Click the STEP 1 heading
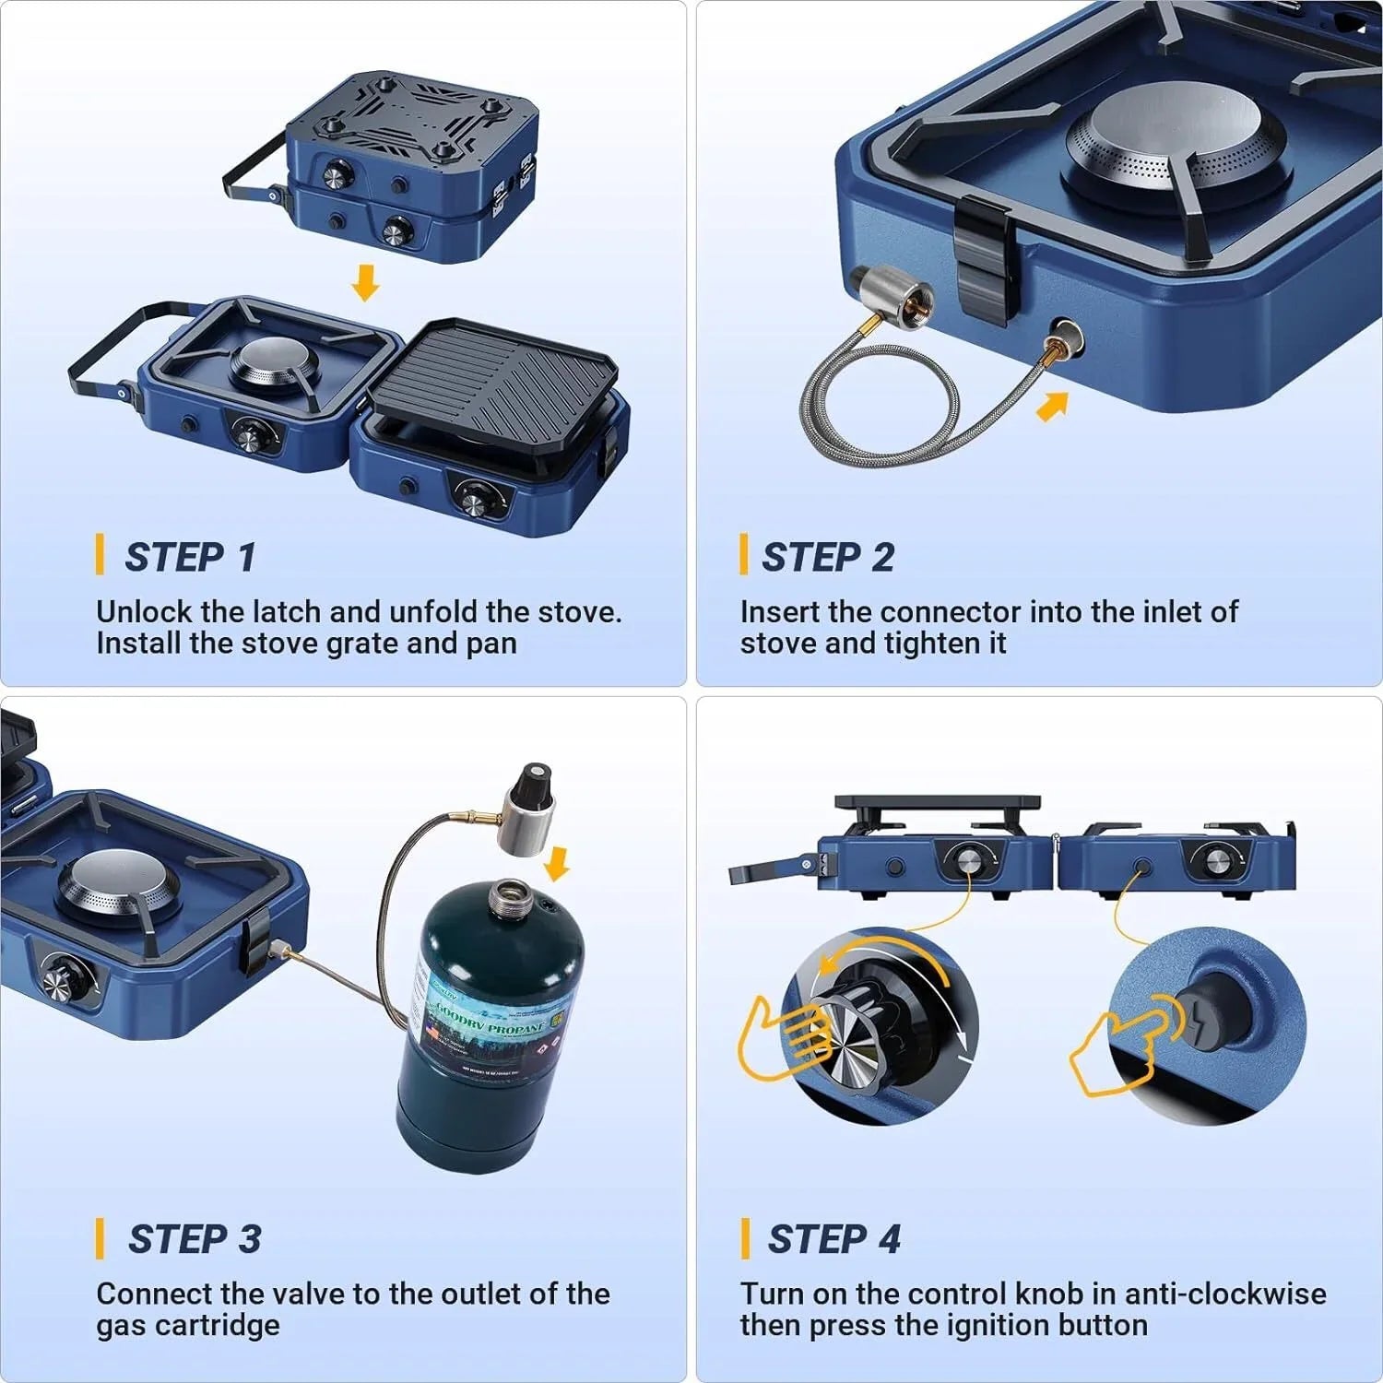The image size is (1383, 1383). coord(190,557)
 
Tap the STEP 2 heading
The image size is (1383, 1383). coord(827,557)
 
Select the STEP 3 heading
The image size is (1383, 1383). coord(194,1239)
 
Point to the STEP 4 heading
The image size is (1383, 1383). coord(833,1239)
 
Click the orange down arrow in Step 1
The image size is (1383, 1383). coord(366,283)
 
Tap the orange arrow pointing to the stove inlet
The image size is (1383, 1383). coord(1052,406)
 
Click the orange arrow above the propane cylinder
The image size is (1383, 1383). coord(557,864)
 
